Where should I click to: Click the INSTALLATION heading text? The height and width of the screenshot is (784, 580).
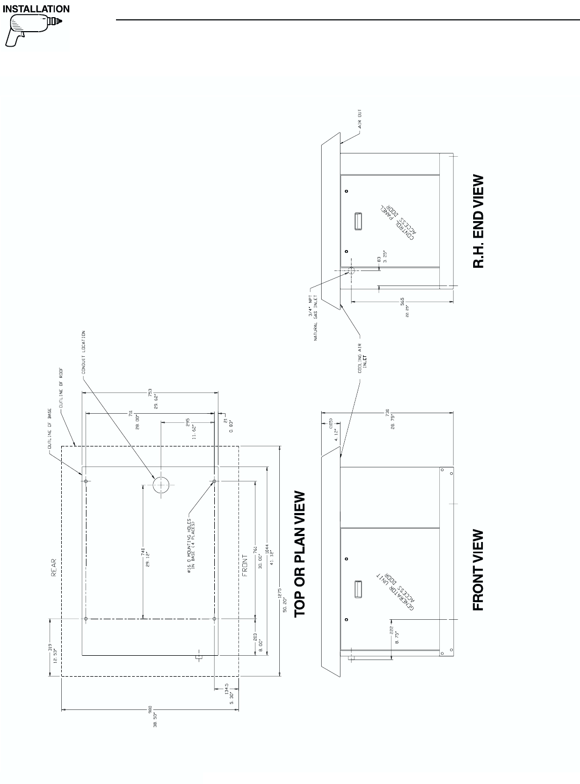pyautogui.click(x=36, y=9)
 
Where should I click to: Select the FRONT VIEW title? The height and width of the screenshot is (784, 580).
pyautogui.click(x=478, y=570)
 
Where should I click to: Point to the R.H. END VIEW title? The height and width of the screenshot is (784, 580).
pyautogui.click(x=478, y=221)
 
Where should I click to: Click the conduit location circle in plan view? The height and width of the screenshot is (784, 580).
pyautogui.click(x=161, y=485)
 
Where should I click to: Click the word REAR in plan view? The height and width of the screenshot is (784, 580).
pyautogui.click(x=54, y=567)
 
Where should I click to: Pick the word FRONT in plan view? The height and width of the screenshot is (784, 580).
pyautogui.click(x=245, y=565)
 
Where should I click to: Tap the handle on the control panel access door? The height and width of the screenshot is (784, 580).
pyautogui.click(x=359, y=221)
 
